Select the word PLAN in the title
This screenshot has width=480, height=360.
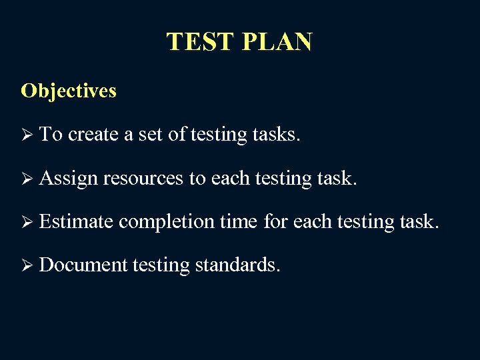click(277, 42)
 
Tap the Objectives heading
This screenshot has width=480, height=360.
click(69, 91)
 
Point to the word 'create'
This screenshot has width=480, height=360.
click(93, 135)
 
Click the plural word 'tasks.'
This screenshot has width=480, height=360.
click(277, 135)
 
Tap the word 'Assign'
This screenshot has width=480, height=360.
click(69, 179)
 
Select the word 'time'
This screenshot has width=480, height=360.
click(241, 221)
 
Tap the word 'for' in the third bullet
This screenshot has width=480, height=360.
click(275, 221)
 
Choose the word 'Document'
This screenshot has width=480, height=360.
click(83, 265)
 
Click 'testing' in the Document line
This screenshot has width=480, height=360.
click(161, 266)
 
